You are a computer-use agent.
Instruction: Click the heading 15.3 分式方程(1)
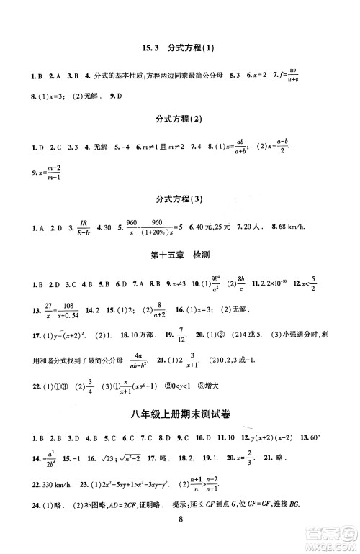(179, 48)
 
